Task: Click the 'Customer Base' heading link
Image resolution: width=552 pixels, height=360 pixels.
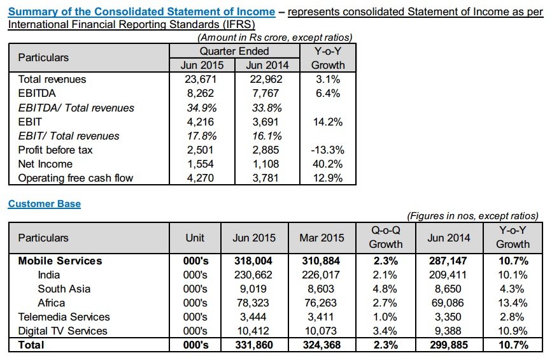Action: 45,204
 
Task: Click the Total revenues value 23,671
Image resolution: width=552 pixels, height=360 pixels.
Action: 201,79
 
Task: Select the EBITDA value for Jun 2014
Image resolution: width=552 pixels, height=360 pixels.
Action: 265,94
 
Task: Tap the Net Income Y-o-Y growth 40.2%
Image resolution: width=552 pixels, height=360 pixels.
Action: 327,164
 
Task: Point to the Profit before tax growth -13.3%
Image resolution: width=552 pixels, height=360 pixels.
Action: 327,150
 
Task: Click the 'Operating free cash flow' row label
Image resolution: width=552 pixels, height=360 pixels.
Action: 76,178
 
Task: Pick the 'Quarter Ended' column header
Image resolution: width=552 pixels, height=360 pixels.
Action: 234,51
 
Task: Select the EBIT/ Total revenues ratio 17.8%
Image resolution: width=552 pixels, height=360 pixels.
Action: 202,136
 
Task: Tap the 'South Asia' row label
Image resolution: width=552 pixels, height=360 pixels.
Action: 64,289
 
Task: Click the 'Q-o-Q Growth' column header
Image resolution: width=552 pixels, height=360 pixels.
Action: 385,237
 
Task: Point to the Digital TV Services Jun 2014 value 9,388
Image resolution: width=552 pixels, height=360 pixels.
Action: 448,331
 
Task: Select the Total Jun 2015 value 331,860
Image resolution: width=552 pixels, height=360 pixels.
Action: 254,345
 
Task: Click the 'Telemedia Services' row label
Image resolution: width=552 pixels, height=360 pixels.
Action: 64,317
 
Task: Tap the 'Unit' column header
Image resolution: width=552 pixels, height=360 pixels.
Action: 195,238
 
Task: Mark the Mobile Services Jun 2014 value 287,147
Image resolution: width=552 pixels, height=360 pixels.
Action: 448,261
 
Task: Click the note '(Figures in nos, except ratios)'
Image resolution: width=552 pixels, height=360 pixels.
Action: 472,215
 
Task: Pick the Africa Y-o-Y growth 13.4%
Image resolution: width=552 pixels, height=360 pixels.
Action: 513,303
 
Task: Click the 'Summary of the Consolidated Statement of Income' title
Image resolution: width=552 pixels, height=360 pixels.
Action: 141,11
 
